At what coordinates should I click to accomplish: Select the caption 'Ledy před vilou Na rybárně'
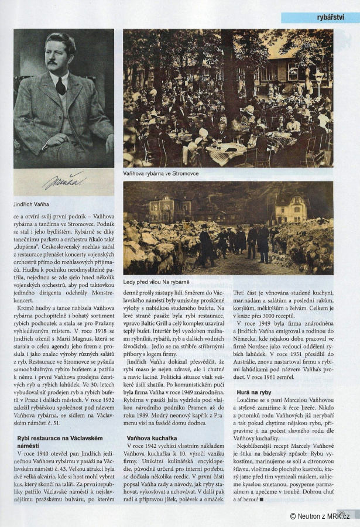click(157, 282)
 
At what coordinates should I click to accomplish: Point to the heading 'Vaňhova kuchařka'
click(149, 437)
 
